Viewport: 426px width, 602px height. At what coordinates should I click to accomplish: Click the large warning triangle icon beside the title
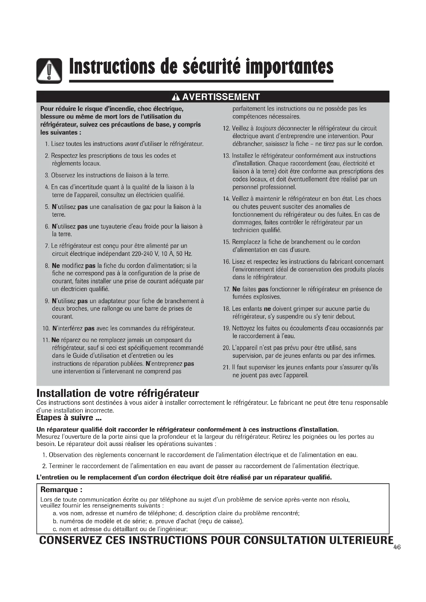click(x=49, y=71)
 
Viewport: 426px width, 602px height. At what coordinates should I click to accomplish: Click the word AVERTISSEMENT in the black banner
click(x=221, y=97)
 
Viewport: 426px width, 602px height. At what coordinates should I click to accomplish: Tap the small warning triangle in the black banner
click(x=175, y=97)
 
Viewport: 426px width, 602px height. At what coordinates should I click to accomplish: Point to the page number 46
click(x=397, y=547)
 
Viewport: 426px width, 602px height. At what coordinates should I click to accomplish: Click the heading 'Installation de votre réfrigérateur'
click(x=118, y=394)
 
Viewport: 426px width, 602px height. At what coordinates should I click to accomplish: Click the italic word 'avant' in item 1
click(x=131, y=144)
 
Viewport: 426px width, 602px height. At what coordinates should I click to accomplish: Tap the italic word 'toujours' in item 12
click(x=266, y=128)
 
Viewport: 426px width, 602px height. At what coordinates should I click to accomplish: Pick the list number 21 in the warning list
click(x=226, y=367)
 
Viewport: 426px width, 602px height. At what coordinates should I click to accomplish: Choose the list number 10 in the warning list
click(x=46, y=328)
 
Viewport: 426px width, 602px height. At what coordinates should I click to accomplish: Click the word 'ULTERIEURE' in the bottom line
click(x=361, y=540)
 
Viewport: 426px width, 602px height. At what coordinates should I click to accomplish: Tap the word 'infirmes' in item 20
click(x=364, y=356)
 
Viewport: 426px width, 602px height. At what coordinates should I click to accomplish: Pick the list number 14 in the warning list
click(x=226, y=199)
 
